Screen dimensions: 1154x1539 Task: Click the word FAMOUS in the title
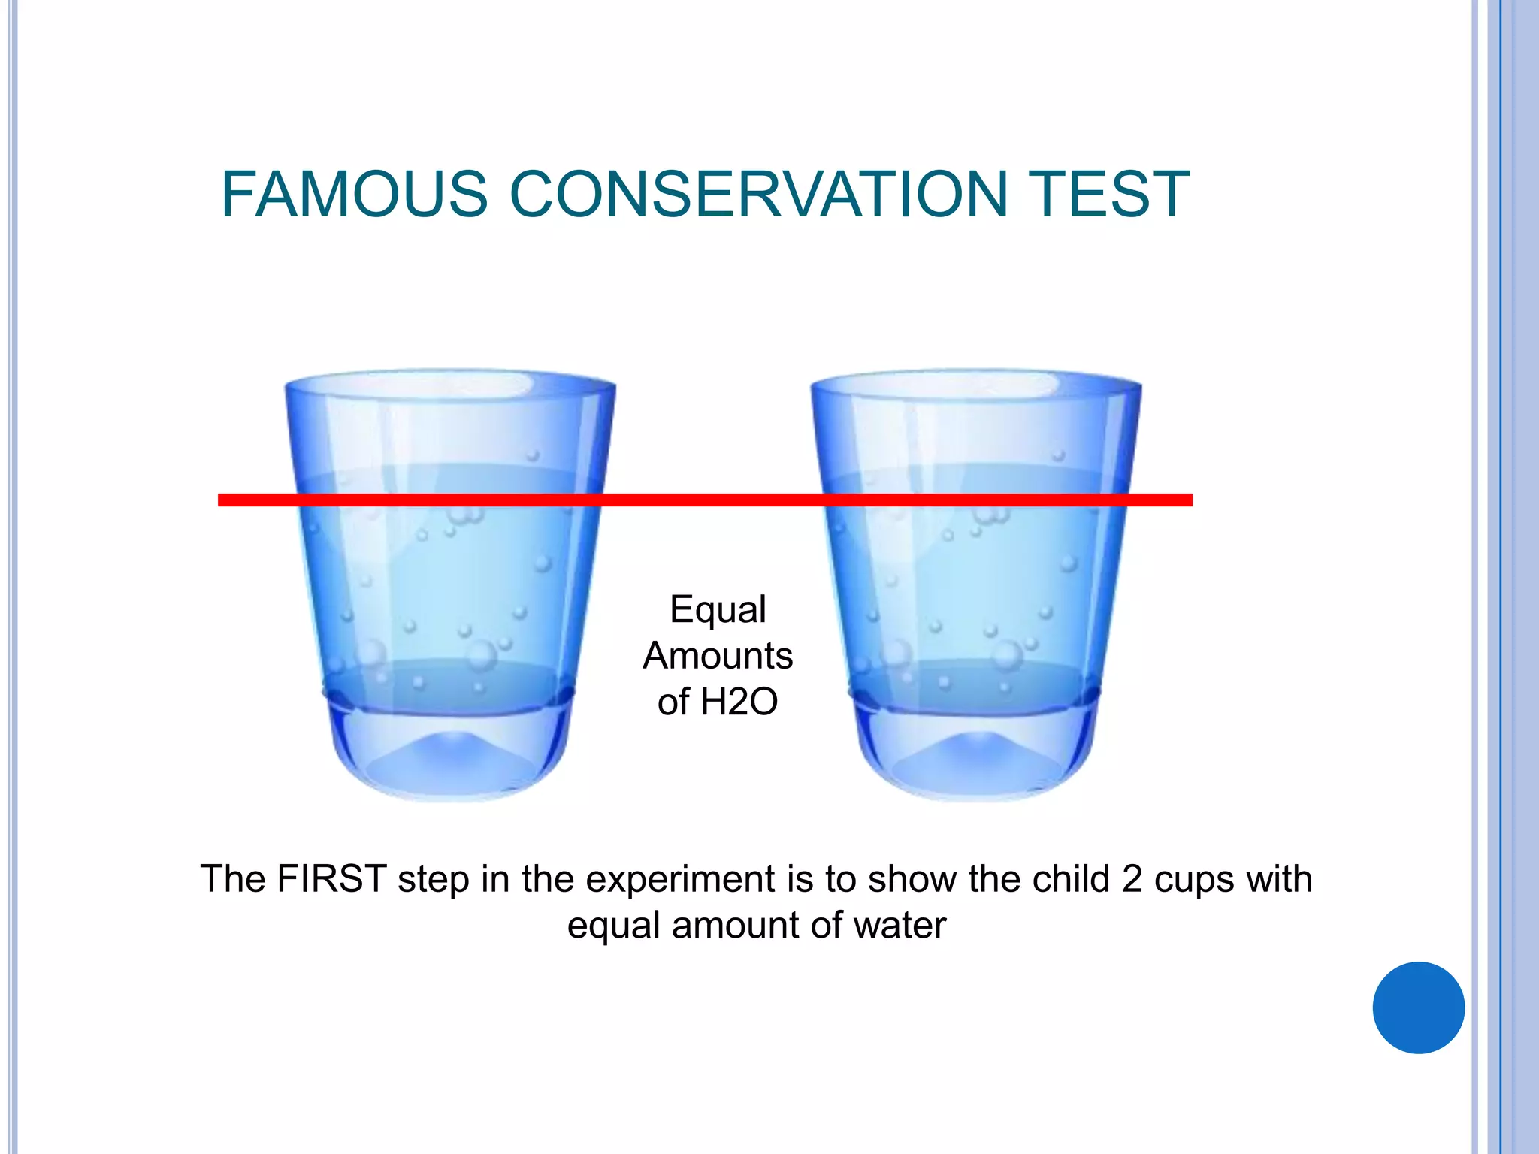(354, 195)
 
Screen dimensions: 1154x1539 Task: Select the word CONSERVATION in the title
(759, 195)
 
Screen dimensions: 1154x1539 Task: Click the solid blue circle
(1418, 1007)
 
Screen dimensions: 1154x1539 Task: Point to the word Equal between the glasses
(718, 609)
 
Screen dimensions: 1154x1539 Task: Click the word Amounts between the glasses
(718, 655)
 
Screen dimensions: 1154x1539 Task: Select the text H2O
(739, 702)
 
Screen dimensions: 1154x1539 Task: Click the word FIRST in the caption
(331, 878)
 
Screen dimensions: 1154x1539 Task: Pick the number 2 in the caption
(1132, 878)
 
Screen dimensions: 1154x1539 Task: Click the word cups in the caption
(1195, 880)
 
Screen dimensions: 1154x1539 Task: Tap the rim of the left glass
(449, 373)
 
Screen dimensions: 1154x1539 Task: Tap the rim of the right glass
(975, 373)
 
